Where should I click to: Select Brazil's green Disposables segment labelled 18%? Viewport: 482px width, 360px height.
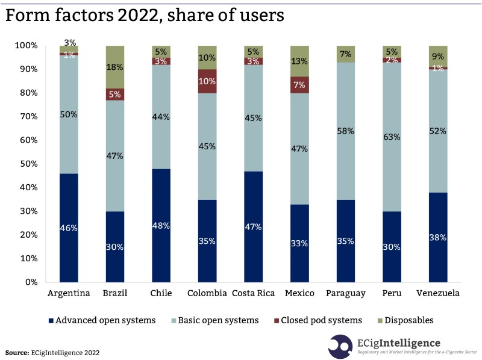114,67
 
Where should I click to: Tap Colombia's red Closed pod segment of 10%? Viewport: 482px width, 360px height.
207,81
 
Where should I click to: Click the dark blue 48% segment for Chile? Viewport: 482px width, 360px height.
161,225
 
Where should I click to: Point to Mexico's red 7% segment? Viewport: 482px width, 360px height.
299,85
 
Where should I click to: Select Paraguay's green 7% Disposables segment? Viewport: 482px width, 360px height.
345,54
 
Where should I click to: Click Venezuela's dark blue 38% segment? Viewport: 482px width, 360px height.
438,237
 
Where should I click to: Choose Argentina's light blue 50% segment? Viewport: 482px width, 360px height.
69,114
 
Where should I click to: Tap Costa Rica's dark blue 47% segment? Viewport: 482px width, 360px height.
253,226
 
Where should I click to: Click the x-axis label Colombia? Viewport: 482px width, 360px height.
207,293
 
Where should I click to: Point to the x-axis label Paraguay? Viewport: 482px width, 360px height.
345,293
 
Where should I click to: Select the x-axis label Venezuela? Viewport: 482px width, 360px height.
438,293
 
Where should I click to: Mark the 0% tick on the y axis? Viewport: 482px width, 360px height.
30,282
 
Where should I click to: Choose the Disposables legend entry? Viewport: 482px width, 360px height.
405,320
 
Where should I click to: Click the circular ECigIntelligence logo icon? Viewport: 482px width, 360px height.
340,347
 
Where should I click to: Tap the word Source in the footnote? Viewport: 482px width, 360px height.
16,352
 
